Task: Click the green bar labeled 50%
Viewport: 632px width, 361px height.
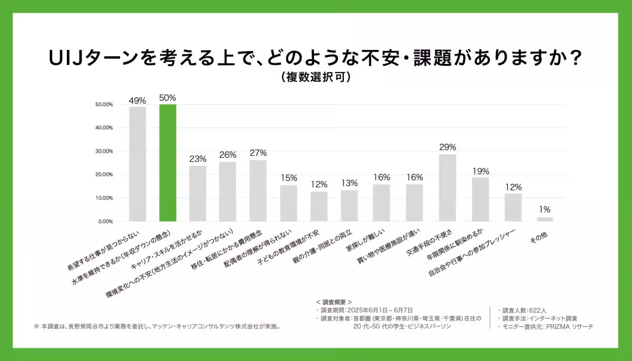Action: tap(168, 163)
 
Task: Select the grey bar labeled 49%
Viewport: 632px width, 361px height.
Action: tap(137, 164)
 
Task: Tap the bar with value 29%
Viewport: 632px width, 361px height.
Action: tap(448, 187)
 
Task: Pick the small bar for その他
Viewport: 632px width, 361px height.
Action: tap(545, 219)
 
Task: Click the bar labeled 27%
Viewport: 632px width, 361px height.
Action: tap(258, 190)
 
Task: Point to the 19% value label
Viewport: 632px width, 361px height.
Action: tap(480, 171)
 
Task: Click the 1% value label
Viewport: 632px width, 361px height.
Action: tap(545, 210)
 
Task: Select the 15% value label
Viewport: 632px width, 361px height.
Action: tap(289, 178)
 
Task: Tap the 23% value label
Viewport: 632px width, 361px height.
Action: tap(197, 159)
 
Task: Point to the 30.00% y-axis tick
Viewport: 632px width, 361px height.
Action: tap(104, 151)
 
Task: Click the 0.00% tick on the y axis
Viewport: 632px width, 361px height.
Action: tap(105, 222)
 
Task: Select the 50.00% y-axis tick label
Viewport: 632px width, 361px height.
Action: tap(104, 104)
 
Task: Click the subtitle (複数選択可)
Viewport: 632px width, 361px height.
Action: tap(315, 77)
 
